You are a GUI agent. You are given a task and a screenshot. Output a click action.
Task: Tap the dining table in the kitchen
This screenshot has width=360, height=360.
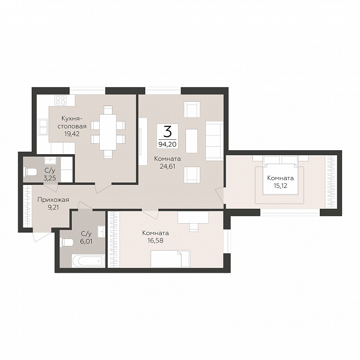pyautogui.click(x=108, y=132)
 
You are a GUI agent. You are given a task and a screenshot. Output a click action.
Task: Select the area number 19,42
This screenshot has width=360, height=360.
pyautogui.click(x=72, y=133)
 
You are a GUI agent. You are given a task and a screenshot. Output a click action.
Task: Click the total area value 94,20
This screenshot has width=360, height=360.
pyautogui.click(x=168, y=144)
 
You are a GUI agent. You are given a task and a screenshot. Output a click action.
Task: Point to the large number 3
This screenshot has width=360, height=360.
pyautogui.click(x=168, y=131)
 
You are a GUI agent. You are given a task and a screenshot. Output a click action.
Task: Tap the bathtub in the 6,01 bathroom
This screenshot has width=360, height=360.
pyautogui.click(x=88, y=260)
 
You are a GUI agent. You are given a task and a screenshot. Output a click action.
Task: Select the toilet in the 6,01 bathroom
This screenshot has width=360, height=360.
pyautogui.click(x=66, y=242)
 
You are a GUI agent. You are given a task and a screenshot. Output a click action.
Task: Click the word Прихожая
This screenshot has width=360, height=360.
pyautogui.click(x=53, y=200)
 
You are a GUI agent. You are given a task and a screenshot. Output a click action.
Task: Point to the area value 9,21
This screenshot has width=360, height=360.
pyautogui.click(x=53, y=208)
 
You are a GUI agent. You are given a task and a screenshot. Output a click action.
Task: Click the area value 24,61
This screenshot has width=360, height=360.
pyautogui.click(x=168, y=167)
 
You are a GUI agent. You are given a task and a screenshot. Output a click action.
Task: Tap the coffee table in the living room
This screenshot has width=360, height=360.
pyautogui.click(x=191, y=141)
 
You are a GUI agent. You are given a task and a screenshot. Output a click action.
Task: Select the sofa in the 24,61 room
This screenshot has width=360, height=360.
pyautogui.click(x=214, y=141)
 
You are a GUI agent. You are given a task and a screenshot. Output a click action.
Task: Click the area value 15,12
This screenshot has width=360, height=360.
pyautogui.click(x=280, y=185)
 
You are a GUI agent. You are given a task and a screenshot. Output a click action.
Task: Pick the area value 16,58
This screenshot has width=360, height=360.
pyautogui.click(x=155, y=240)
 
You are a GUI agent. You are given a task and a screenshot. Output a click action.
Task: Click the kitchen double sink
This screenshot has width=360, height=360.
pyautogui.click(x=42, y=126)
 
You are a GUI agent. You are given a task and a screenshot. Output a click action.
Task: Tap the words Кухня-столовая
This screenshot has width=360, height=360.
pyautogui.click(x=72, y=122)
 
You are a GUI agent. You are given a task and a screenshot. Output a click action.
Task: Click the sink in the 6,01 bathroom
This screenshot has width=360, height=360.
pyautogui.click(x=101, y=232)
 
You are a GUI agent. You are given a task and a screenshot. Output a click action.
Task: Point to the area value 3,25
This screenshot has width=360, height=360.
pyautogui.click(x=50, y=178)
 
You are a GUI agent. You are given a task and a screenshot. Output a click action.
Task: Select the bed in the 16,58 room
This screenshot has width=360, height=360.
pyautogui.click(x=170, y=258)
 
